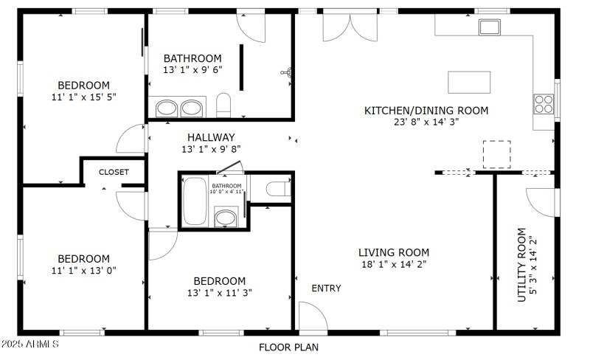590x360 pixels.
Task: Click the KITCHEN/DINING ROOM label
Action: click(x=426, y=111)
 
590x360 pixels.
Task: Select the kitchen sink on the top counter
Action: click(x=490, y=27)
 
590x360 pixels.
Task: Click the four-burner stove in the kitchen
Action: click(x=544, y=104)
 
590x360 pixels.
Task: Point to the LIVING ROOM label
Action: click(x=394, y=252)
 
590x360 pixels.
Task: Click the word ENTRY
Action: click(x=326, y=288)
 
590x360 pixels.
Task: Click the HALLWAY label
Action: click(x=211, y=137)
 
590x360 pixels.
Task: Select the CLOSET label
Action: click(x=114, y=172)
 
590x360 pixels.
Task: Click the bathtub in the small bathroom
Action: click(x=195, y=201)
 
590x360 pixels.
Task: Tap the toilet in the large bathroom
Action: click(x=224, y=105)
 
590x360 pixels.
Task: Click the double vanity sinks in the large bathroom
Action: click(x=179, y=108)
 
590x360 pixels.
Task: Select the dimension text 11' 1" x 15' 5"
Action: click(x=84, y=97)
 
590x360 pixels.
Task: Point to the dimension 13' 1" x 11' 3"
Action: click(x=219, y=293)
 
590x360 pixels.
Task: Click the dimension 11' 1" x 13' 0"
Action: click(x=84, y=270)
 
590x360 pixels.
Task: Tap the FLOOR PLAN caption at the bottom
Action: click(x=288, y=347)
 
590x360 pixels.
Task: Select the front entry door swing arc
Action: click(x=314, y=315)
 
